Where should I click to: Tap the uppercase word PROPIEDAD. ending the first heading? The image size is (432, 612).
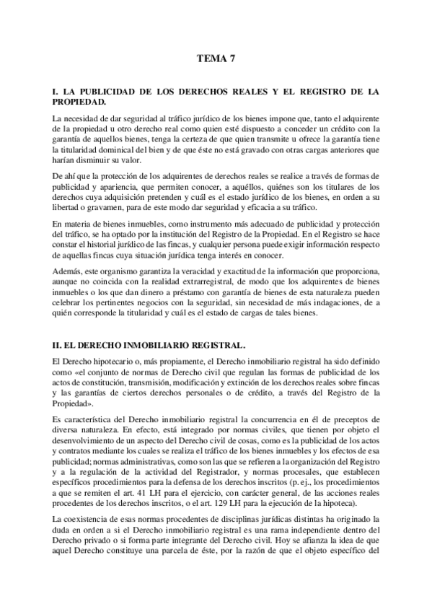tap(81, 103)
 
